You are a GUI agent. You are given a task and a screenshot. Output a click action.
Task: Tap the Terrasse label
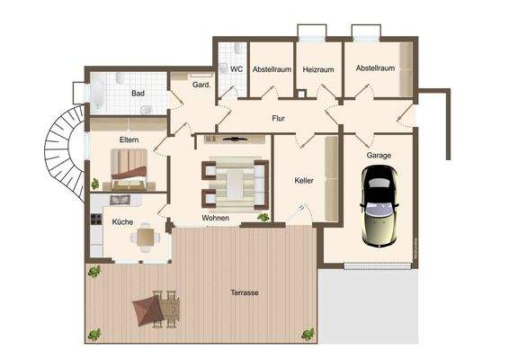click(245, 293)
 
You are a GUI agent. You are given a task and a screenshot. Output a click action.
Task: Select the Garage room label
click(379, 156)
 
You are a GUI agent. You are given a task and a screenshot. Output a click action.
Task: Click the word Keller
click(304, 181)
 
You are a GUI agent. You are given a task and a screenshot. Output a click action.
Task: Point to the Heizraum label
click(317, 68)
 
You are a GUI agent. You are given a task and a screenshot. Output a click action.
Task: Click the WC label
click(237, 68)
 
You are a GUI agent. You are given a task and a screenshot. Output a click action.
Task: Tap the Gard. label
click(201, 85)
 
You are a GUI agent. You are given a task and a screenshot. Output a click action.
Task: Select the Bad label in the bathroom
click(138, 93)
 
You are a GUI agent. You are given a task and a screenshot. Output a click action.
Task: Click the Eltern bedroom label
click(129, 139)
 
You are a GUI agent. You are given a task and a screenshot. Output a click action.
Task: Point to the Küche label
click(122, 220)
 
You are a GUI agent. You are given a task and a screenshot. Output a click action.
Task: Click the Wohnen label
click(215, 218)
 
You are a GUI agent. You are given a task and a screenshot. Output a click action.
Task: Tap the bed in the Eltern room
click(131, 166)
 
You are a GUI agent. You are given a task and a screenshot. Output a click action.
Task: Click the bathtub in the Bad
click(96, 92)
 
